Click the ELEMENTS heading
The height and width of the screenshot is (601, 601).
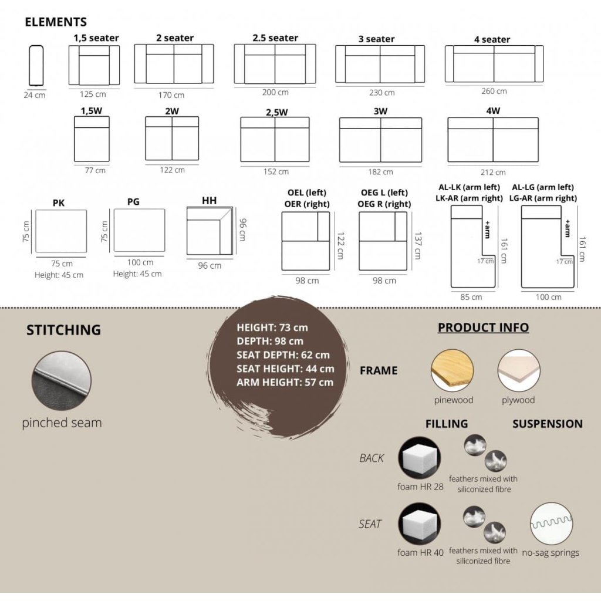[56, 22]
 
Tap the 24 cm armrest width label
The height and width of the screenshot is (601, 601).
[35, 95]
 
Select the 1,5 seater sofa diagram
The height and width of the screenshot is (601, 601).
[94, 65]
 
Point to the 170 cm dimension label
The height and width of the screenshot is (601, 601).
[171, 95]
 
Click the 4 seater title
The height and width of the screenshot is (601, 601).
[492, 39]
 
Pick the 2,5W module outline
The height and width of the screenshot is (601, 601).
[275, 140]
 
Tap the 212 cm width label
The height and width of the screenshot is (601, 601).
[493, 172]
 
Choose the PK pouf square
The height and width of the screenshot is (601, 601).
[61, 231]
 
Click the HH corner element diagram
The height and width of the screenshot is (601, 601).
[210, 231]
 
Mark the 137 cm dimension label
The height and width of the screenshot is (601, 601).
[418, 245]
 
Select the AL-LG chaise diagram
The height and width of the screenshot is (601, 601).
[548, 247]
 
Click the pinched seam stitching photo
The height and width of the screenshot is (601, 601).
[62, 381]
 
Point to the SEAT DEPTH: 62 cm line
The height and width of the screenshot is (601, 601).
[283, 355]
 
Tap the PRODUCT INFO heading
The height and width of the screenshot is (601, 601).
[484, 327]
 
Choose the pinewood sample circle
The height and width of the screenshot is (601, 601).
[453, 370]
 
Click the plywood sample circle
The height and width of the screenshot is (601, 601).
[519, 370]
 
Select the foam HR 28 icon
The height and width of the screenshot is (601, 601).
[420, 458]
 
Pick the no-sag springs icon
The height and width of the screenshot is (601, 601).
[551, 524]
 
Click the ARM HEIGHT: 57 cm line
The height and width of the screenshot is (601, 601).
[285, 383]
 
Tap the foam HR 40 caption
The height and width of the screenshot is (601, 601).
[420, 552]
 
